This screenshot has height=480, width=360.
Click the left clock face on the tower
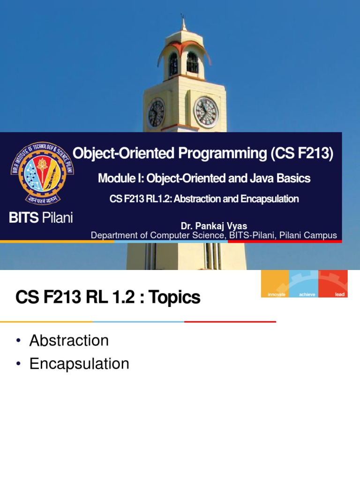(157, 113)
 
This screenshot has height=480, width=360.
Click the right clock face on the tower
(206, 112)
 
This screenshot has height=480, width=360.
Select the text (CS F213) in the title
(301, 153)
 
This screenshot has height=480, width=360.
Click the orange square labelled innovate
(275, 284)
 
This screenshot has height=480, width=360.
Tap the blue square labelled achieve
(303, 284)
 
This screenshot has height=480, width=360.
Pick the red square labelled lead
(333, 284)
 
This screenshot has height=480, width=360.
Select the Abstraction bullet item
(69, 341)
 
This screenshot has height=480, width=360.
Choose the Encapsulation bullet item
(79, 364)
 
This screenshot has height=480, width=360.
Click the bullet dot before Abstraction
(18, 341)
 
